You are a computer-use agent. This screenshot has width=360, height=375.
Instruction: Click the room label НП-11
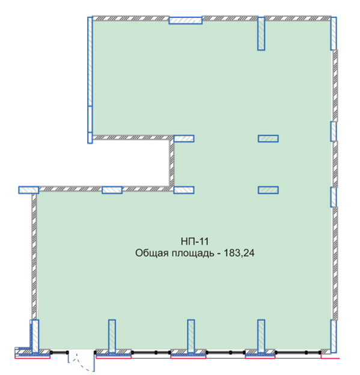[x=195, y=242]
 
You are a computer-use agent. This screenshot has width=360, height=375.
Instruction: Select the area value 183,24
[x=239, y=253]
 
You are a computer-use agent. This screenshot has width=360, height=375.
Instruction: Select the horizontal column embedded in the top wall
[x=185, y=20]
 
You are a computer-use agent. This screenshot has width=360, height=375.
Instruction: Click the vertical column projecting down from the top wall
[x=261, y=34]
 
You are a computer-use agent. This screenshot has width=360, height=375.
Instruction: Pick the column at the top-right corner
[x=334, y=34]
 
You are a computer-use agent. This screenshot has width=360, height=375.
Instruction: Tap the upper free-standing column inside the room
[x=268, y=138]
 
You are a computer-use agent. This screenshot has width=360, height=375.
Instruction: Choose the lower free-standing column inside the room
[x=268, y=190]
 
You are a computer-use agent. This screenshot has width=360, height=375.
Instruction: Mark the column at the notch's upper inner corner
[x=184, y=138]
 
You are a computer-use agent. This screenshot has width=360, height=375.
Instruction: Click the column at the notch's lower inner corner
[x=184, y=190]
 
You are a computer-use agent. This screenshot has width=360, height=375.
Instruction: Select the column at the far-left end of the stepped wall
[x=28, y=190]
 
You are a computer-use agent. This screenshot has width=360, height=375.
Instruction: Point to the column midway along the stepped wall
[x=112, y=190]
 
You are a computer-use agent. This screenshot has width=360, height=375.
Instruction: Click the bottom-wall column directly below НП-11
[x=191, y=336]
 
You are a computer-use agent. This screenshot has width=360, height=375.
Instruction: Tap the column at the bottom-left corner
[x=35, y=336]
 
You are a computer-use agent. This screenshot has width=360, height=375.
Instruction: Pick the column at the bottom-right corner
[x=334, y=336]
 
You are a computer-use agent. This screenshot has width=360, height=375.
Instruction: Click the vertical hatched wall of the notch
[x=172, y=163]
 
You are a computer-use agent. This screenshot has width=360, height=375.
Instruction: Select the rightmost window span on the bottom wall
[x=298, y=352]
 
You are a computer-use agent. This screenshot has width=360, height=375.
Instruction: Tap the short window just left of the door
[x=59, y=352]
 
